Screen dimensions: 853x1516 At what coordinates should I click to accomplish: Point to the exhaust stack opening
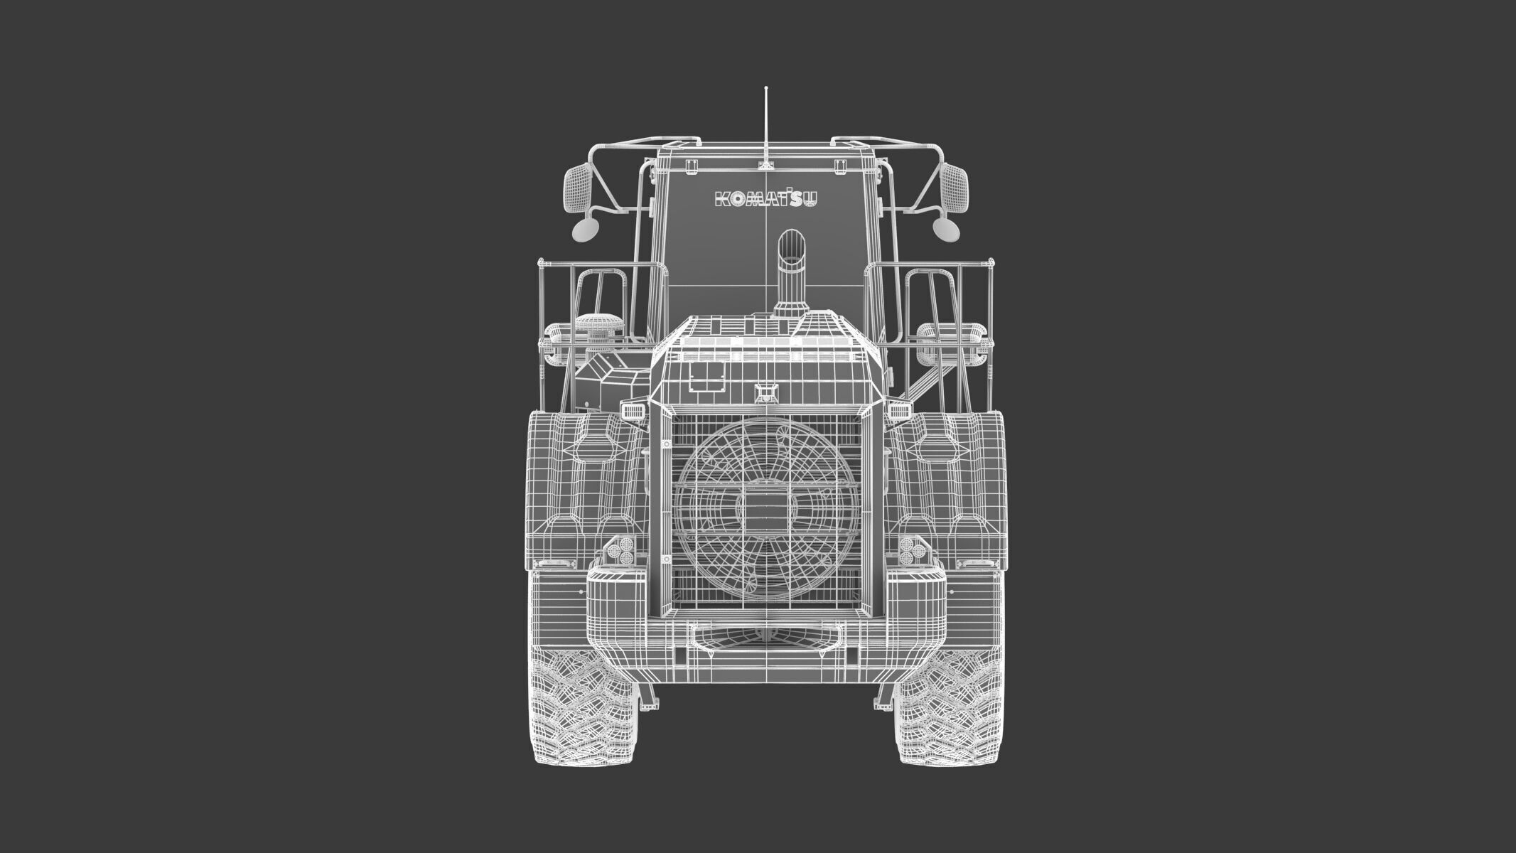(790, 246)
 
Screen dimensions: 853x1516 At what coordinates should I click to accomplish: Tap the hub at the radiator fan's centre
(765, 511)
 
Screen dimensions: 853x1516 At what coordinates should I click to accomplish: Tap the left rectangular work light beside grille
(631, 410)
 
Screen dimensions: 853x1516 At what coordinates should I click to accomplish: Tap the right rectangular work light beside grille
(901, 410)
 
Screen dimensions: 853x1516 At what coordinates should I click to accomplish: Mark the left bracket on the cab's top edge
(689, 165)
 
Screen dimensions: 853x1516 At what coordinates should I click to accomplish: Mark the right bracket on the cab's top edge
(841, 165)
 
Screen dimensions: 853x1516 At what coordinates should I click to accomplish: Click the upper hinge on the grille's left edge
(667, 444)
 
